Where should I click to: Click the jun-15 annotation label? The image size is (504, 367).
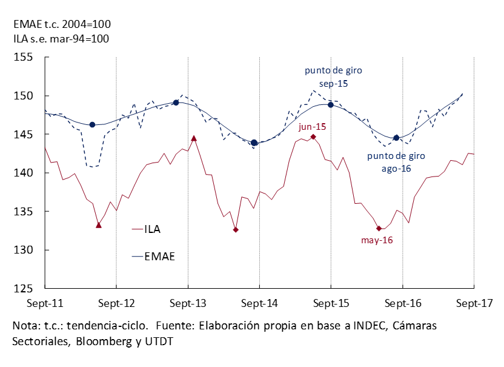(x=312, y=126)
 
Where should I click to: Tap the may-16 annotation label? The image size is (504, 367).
(x=377, y=240)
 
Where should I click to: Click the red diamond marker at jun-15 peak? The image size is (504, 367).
(x=313, y=137)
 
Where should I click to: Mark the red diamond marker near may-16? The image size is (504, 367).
(x=379, y=229)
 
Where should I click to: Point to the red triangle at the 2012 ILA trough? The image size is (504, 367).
(x=99, y=225)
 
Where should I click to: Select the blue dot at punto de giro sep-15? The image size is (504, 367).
(x=331, y=104)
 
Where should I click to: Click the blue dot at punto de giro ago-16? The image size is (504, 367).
(x=397, y=138)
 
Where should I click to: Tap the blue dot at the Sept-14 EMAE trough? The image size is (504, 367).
(x=254, y=143)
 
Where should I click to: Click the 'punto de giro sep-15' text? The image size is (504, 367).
(x=333, y=77)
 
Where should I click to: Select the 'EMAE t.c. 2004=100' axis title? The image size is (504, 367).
(x=62, y=24)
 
